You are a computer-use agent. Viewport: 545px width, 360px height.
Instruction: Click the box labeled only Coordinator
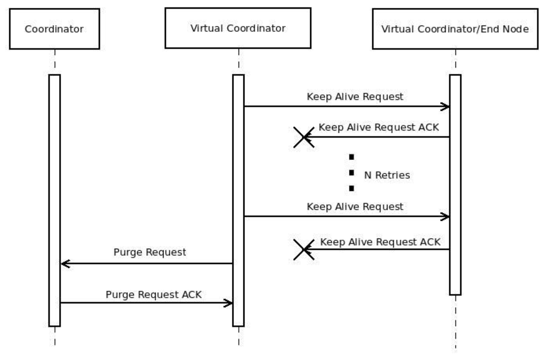pos(54,29)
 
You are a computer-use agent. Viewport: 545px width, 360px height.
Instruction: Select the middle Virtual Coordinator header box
pos(238,28)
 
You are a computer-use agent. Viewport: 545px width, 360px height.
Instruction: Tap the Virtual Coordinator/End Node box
pos(455,29)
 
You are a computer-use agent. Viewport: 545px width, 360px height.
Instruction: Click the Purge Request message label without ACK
pos(150,252)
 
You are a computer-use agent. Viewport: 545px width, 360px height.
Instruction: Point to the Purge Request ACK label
pos(154,294)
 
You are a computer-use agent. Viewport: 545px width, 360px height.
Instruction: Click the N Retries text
pos(387,175)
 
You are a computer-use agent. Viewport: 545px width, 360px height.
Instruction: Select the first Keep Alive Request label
pos(355,97)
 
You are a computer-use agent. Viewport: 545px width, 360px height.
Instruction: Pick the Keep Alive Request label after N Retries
pos(355,206)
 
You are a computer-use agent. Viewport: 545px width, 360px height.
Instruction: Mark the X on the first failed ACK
pos(304,137)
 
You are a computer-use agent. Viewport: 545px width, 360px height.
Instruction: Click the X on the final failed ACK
pos(304,249)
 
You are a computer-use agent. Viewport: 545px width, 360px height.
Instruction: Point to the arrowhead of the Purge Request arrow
pos(64,263)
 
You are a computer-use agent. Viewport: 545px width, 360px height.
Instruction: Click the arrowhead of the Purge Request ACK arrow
pos(229,303)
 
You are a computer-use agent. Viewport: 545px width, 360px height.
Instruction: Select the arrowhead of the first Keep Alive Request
pos(446,107)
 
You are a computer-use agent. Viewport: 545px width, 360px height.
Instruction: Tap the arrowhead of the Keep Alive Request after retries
pos(446,216)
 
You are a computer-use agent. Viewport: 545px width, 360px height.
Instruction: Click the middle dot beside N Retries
pos(351,173)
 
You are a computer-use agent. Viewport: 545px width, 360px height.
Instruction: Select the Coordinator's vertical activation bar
pos(54,200)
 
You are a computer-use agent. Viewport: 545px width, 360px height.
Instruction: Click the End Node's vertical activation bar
pos(455,184)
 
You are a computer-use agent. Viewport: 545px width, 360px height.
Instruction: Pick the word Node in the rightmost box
pos(517,29)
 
